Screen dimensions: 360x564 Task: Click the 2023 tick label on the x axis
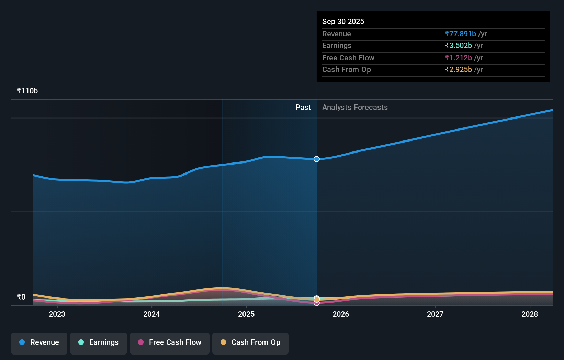[57, 314]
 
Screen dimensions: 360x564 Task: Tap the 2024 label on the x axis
[151, 314]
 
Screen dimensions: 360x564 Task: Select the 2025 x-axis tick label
[246, 314]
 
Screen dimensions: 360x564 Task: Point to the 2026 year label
[341, 314]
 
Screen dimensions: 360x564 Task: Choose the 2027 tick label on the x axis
[435, 314]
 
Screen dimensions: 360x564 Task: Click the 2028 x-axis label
[530, 314]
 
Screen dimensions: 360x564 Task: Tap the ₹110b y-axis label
[27, 91]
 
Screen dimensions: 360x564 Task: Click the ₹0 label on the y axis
[21, 297]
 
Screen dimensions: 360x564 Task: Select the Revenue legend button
[39, 342]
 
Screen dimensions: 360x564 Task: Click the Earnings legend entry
[99, 342]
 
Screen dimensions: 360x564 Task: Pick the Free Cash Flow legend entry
[170, 342]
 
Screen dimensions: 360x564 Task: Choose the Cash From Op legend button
[250, 342]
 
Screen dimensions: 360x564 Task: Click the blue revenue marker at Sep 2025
[317, 159]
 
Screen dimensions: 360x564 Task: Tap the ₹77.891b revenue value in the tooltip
[460, 34]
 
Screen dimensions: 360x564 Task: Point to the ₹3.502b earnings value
[458, 46]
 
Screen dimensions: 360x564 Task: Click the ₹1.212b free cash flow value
[458, 58]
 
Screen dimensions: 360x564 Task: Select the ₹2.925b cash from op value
[458, 70]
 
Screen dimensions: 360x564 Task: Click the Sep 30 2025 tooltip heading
[343, 21]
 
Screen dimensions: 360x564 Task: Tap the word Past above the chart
[303, 108]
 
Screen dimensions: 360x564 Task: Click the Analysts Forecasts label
[355, 108]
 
